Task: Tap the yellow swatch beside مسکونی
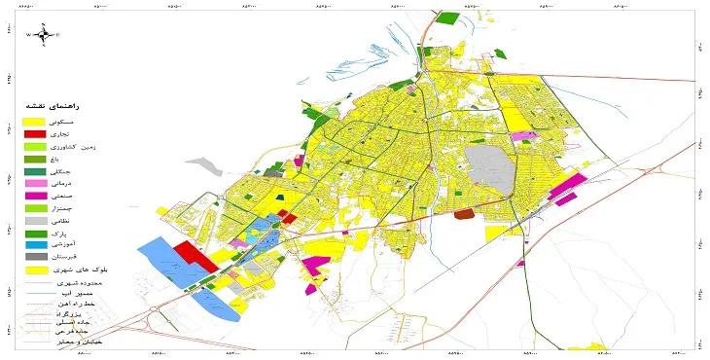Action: [36, 121]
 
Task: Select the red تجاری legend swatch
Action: [36, 133]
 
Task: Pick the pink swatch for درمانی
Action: [36, 183]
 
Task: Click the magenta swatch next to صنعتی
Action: [36, 196]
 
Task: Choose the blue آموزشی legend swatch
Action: [36, 244]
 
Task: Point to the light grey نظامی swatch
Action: [36, 220]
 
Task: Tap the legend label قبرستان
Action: [87, 257]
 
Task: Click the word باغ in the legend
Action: [93, 159]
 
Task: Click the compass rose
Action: [43, 35]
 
